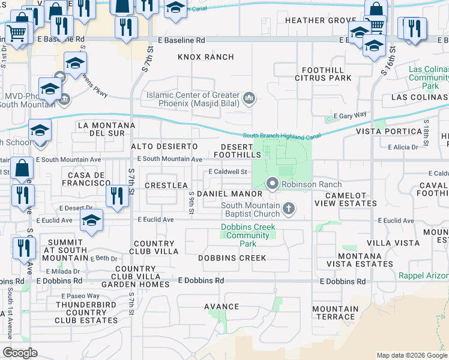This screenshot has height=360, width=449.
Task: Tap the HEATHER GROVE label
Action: coord(312,20)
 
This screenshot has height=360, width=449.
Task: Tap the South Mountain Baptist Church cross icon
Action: coord(289,209)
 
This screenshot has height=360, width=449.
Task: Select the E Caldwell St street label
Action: coord(228,172)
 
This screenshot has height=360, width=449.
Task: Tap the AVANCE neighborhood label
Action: coord(221,307)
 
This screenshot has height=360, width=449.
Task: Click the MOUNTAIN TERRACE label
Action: coord(334,313)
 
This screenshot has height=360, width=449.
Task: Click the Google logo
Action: coord(20,352)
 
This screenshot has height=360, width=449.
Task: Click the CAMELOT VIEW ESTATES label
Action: coord(351,199)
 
